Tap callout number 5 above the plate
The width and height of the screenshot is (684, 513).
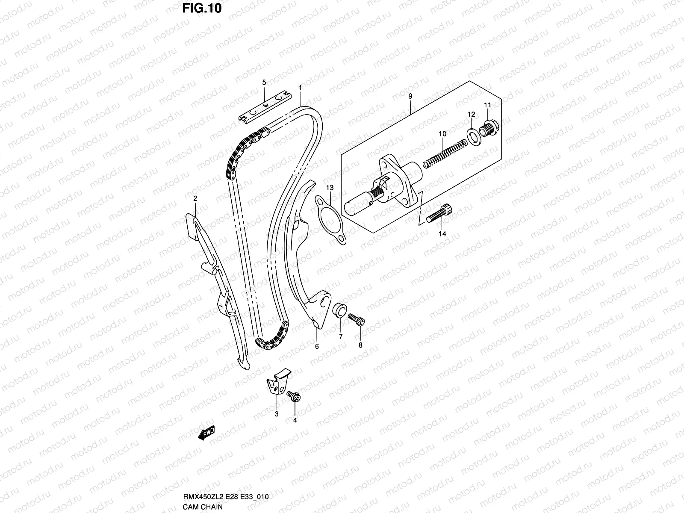point(264,82)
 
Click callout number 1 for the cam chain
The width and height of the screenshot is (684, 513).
point(301,88)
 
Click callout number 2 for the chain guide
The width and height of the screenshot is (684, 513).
point(195,198)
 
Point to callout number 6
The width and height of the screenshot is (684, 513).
point(317,346)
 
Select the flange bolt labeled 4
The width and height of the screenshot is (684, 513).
point(294,396)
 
